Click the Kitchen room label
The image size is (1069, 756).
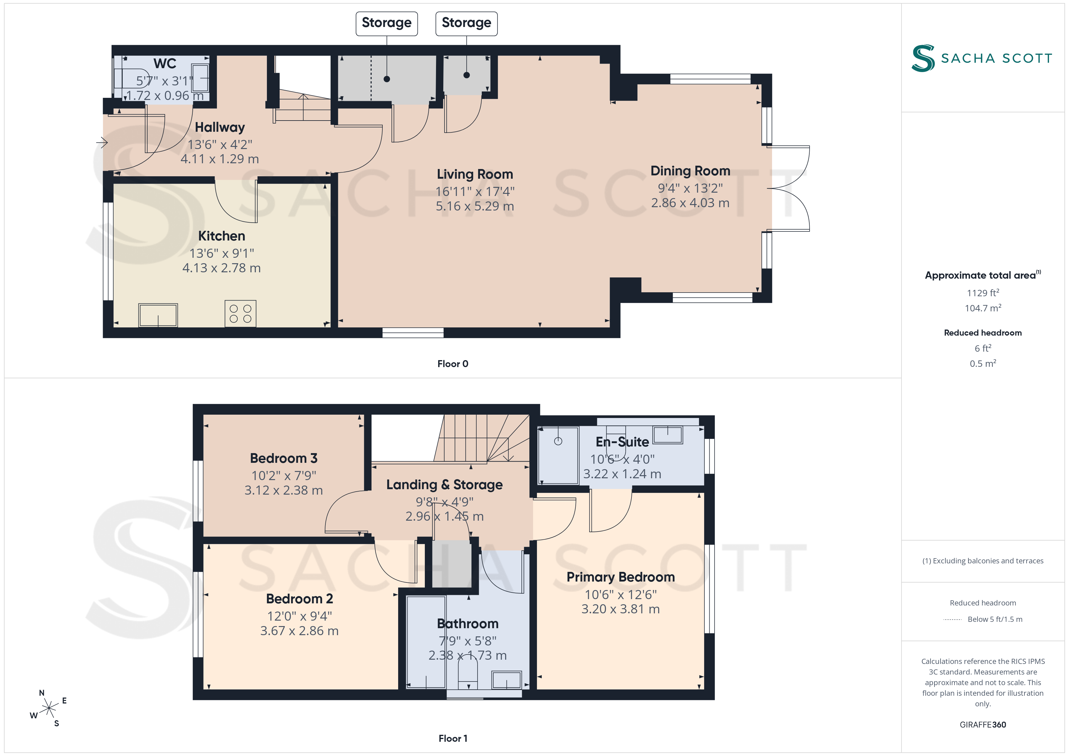tap(221, 236)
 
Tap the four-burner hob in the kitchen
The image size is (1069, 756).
tap(240, 313)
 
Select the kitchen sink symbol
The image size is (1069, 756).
tap(158, 315)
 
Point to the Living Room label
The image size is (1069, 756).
tap(475, 174)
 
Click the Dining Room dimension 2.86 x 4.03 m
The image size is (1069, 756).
tap(690, 203)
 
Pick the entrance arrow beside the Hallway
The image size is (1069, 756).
tap(102, 142)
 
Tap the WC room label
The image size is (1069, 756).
tap(165, 63)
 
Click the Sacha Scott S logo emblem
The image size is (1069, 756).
tap(923, 58)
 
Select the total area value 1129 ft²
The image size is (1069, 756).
tap(983, 293)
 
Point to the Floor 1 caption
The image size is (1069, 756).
tap(453, 738)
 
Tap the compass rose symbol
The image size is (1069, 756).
tap(48, 708)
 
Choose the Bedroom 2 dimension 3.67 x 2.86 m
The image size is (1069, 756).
tap(299, 631)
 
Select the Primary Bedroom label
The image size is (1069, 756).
tap(621, 577)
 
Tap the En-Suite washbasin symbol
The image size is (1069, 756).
tap(668, 435)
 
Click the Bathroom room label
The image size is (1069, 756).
tap(468, 624)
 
